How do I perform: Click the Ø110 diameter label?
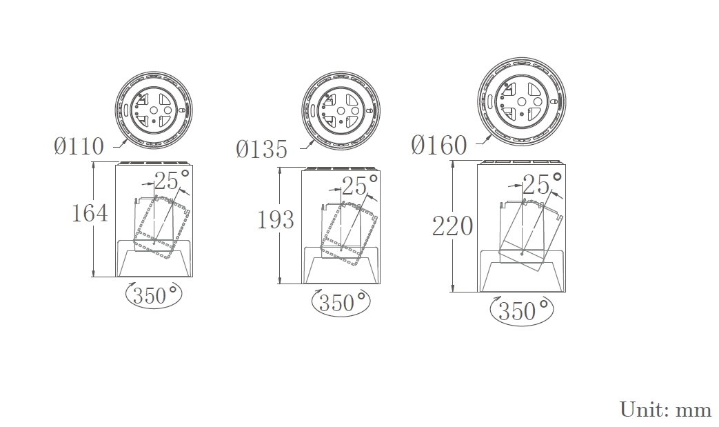tap(79, 147)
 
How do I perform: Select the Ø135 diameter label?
tap(262, 150)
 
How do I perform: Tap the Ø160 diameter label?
tap(439, 146)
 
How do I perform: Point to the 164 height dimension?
tap(90, 213)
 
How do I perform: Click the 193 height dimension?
tap(276, 220)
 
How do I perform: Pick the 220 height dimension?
tap(453, 226)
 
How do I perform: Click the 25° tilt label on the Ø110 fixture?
tap(172, 180)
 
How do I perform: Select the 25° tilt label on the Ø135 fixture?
tap(360, 186)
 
